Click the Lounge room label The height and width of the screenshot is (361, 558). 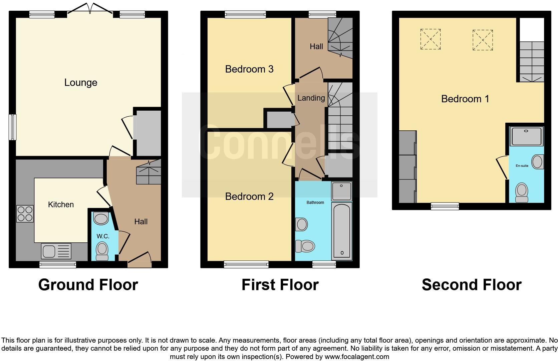coord(81,83)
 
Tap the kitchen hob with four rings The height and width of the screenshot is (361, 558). coord(25,214)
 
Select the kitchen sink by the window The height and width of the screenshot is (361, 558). coord(56,251)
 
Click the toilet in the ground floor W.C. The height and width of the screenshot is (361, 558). coord(102,251)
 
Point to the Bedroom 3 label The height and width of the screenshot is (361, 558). coord(249,69)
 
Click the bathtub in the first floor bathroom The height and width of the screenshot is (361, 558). coord(341,231)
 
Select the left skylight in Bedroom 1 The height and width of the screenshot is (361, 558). coord(431,39)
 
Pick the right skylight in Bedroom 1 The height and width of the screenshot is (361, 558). coord(483,40)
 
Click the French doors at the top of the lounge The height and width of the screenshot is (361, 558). coord(90,9)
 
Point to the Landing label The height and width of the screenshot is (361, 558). coord(311,98)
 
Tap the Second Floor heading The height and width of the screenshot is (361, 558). coord(471,285)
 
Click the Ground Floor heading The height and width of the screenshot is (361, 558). coord(88,285)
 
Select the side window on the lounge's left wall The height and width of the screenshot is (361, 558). coord(12,127)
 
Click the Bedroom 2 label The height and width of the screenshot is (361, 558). coord(249,197)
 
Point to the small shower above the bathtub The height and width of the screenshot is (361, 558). coord(341,191)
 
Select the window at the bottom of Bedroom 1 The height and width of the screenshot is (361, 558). coord(445,206)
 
